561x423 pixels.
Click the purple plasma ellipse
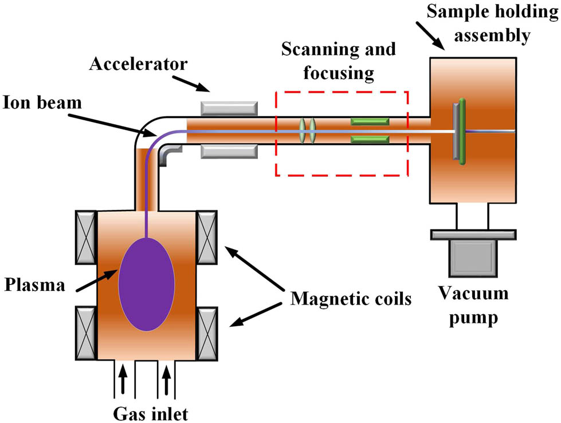pyautogui.click(x=146, y=284)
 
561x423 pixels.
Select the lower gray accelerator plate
pyautogui.click(x=228, y=151)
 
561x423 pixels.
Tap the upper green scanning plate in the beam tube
pyautogui.click(x=370, y=121)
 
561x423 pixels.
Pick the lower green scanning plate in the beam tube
pyautogui.click(x=370, y=139)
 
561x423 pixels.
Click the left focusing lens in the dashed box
pyautogui.click(x=303, y=131)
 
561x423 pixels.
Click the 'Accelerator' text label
pyautogui.click(x=138, y=64)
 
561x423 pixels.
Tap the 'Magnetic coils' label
pyautogui.click(x=351, y=299)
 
